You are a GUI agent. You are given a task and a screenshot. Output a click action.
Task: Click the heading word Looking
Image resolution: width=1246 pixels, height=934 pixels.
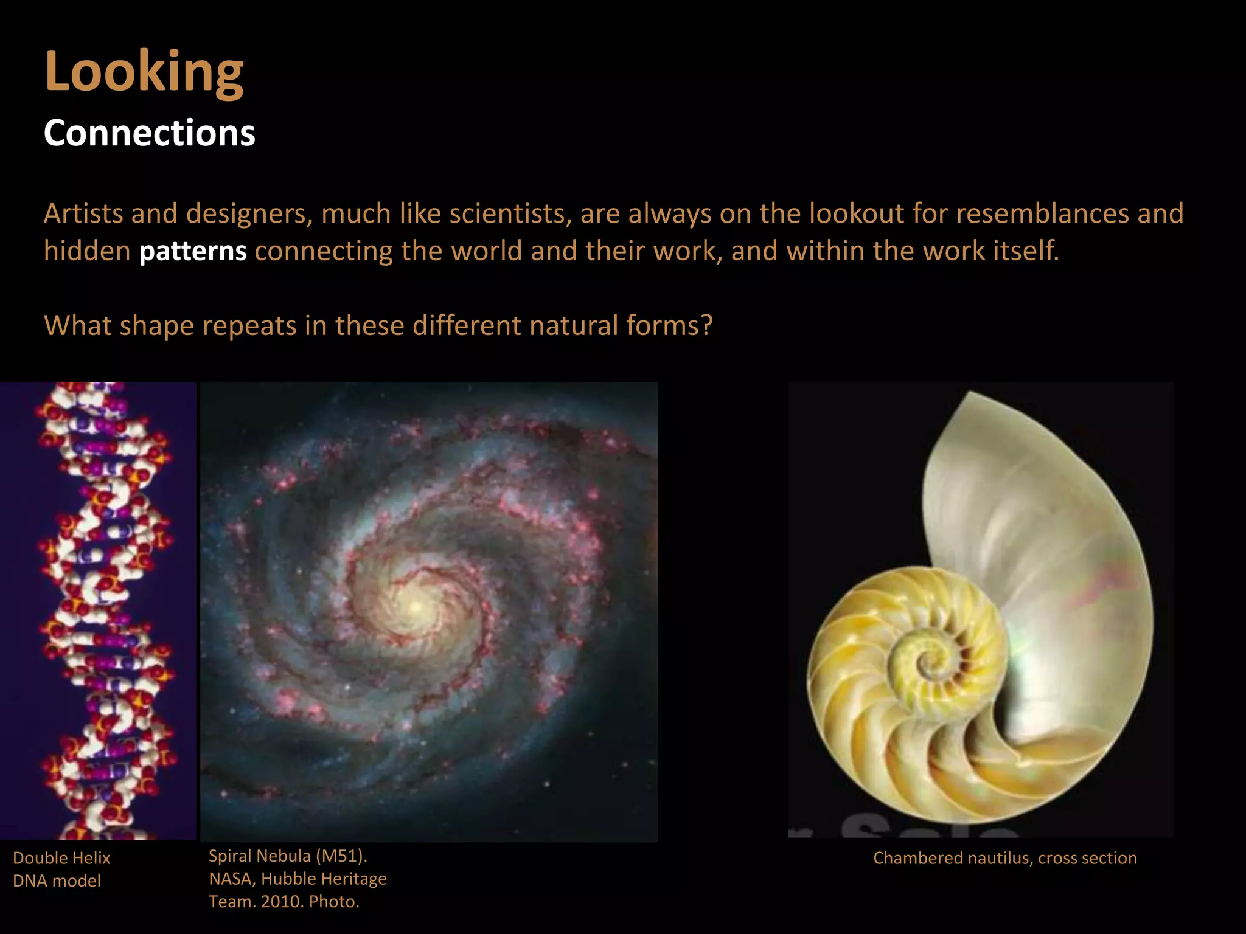tap(144, 72)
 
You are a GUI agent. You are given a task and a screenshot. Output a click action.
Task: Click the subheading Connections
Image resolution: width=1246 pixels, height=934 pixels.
tap(149, 133)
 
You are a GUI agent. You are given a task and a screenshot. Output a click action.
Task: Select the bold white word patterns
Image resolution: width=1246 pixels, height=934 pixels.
tap(193, 251)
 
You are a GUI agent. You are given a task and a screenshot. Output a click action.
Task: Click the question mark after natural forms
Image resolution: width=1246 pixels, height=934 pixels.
tap(706, 326)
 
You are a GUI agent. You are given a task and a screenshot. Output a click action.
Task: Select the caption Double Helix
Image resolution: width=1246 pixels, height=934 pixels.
tap(61, 858)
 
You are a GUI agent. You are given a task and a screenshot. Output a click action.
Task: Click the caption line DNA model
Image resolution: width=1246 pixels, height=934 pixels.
tap(57, 880)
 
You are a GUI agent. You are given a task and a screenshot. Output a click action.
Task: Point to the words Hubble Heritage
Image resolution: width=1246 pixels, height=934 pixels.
tap(324, 879)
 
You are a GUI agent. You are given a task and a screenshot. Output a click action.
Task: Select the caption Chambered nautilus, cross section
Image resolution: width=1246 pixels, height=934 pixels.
tap(1004, 858)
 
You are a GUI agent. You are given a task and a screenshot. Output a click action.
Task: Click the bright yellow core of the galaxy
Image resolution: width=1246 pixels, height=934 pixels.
tap(416, 606)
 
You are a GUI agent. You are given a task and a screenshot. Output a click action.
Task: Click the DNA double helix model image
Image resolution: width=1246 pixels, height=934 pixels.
tap(103, 608)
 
